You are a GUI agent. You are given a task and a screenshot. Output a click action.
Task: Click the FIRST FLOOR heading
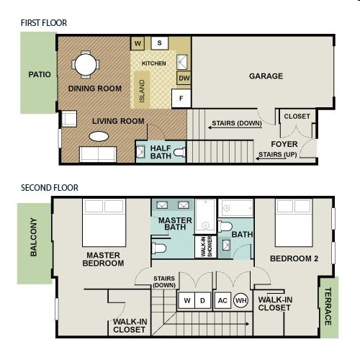[x=45, y=22]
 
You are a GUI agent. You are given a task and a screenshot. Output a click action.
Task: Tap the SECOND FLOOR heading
[x=50, y=188]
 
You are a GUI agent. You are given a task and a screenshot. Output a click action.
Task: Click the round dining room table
[x=86, y=66]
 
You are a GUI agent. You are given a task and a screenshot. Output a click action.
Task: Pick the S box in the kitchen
[x=159, y=44]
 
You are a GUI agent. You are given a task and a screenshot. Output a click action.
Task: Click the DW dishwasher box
[x=184, y=78]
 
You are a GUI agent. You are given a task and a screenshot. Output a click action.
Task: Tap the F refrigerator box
[x=181, y=98]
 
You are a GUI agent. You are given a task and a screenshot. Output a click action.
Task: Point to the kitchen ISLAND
[x=142, y=91]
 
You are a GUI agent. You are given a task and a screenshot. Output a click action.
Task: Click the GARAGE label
[x=266, y=76]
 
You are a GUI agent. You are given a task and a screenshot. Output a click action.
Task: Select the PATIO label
[x=39, y=75]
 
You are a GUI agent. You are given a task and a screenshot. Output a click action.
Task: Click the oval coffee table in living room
[x=99, y=135]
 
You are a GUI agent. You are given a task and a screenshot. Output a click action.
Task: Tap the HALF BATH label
[x=161, y=152]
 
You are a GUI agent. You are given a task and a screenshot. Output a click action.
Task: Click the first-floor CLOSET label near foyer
[x=297, y=117]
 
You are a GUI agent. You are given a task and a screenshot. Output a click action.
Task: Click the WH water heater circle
[x=240, y=300]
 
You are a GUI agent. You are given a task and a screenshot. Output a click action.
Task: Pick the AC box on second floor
[x=222, y=300]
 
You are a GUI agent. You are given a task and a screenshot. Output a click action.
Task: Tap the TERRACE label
[x=328, y=307]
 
